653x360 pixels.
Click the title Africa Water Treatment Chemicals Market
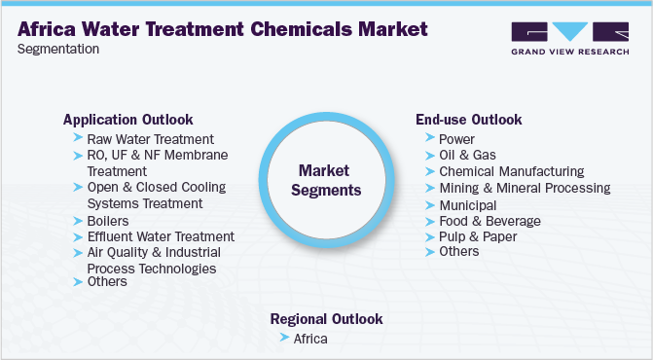[x=222, y=28]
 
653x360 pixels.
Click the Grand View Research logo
[x=569, y=40]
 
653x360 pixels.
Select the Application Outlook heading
[x=127, y=120]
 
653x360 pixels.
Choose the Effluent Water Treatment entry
[x=161, y=236]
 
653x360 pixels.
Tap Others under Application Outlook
[x=107, y=282]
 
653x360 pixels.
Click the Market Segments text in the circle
[x=327, y=179]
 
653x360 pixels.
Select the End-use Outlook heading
[x=468, y=120]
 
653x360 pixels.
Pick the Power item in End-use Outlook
[x=457, y=139]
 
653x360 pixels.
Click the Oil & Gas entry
[x=466, y=156]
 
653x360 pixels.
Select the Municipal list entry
[x=468, y=205]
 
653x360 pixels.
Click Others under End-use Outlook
[x=459, y=251]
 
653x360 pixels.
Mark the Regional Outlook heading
[x=326, y=319]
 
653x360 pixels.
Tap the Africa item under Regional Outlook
[x=311, y=339]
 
